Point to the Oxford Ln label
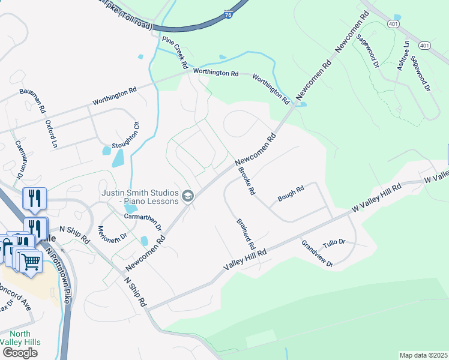(x=51, y=134)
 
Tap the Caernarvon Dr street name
(x=19, y=160)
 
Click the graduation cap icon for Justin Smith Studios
(x=188, y=196)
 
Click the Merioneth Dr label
(x=112, y=229)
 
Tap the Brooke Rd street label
(x=247, y=181)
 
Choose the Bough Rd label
(x=291, y=193)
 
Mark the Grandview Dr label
(x=317, y=253)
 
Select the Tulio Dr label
(x=334, y=242)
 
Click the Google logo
(x=19, y=353)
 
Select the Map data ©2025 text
(x=423, y=355)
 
